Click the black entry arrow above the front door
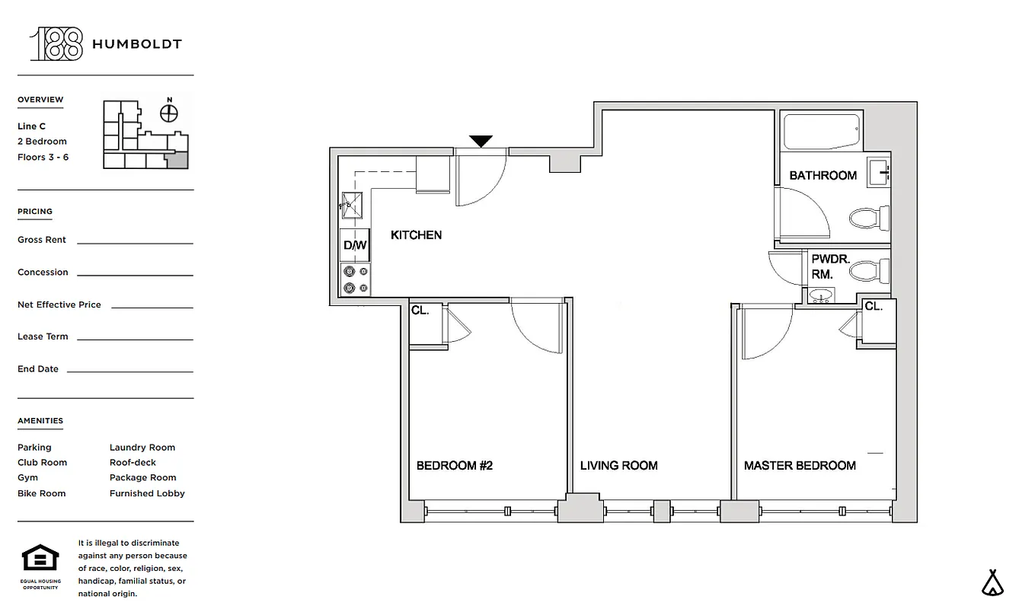pyautogui.click(x=481, y=141)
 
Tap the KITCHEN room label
pyautogui.click(x=416, y=235)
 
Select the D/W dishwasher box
pyautogui.click(x=355, y=245)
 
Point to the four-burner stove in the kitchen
pyautogui.click(x=355, y=279)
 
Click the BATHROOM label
pyautogui.click(x=823, y=176)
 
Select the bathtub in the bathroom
pyautogui.click(x=822, y=132)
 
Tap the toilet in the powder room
pyautogui.click(x=868, y=270)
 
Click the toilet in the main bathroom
pyautogui.click(x=868, y=218)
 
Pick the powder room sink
pyautogui.click(x=821, y=295)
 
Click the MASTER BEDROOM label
pyautogui.click(x=800, y=466)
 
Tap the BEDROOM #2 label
pyautogui.click(x=455, y=466)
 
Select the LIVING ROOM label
pyautogui.click(x=618, y=466)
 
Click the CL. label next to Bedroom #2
pyautogui.click(x=420, y=311)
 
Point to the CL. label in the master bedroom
pyautogui.click(x=874, y=307)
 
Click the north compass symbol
pyautogui.click(x=169, y=113)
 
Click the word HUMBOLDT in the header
pyautogui.click(x=137, y=44)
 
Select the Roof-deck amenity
pyautogui.click(x=133, y=463)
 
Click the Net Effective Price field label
pyautogui.click(x=59, y=304)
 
